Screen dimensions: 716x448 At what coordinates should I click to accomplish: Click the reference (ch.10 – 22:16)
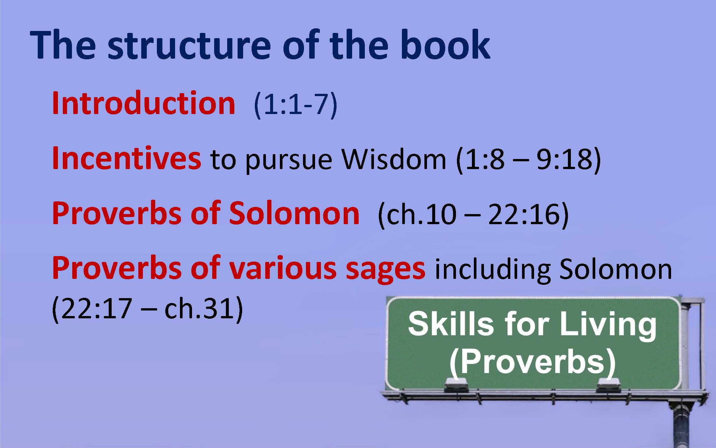[x=473, y=214]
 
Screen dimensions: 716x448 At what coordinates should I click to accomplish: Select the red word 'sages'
[x=385, y=270]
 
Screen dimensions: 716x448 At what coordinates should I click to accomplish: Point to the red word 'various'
[x=283, y=268]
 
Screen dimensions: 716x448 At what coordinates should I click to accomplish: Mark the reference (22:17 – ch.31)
[x=147, y=308]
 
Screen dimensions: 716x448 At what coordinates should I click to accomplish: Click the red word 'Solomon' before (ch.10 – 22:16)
[x=294, y=213]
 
